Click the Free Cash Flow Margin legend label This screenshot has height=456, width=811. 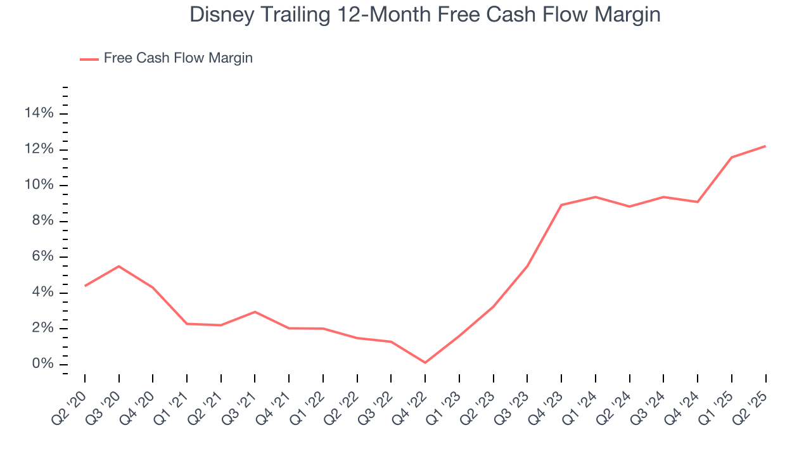(178, 58)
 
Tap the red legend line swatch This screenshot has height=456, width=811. (89, 59)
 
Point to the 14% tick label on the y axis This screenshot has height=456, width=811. (39, 113)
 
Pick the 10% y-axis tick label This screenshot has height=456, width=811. (39, 185)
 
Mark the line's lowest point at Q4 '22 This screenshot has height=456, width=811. (425, 363)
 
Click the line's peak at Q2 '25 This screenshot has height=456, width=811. (765, 146)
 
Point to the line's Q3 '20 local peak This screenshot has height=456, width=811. (119, 266)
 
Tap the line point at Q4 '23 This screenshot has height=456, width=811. (561, 205)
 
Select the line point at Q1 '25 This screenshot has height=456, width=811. (732, 157)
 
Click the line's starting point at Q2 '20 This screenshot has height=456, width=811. (85, 286)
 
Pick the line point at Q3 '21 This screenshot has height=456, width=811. (255, 312)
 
